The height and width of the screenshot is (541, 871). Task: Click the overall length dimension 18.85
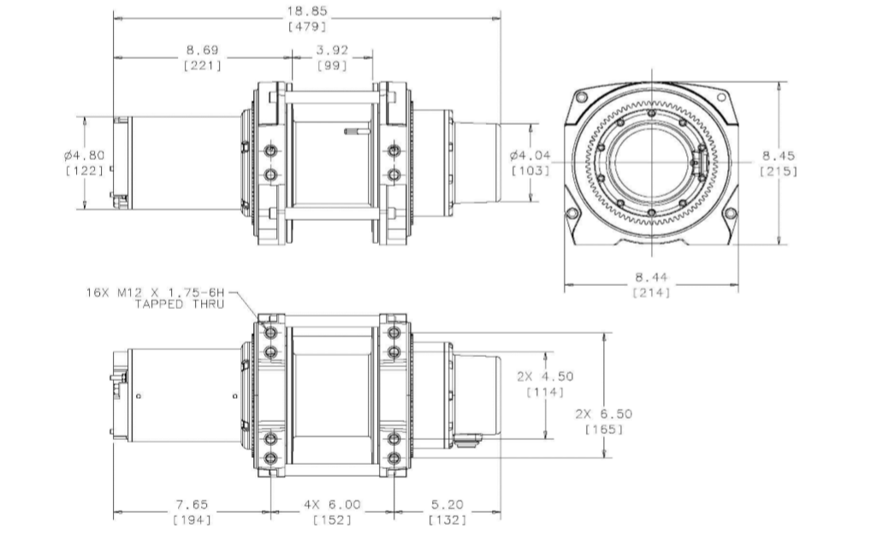[307, 11]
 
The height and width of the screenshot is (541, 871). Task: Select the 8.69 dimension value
[202, 50]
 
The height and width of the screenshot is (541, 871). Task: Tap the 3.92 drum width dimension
[332, 50]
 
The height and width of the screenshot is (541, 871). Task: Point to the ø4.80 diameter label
[85, 156]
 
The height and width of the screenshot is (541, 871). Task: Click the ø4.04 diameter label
[530, 155]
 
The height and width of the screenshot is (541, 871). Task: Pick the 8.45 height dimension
[779, 156]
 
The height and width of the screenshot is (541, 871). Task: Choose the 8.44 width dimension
[652, 276]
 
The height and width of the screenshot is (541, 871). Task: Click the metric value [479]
[307, 27]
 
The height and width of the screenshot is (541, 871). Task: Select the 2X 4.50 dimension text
[545, 377]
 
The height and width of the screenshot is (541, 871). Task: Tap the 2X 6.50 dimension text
[604, 414]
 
